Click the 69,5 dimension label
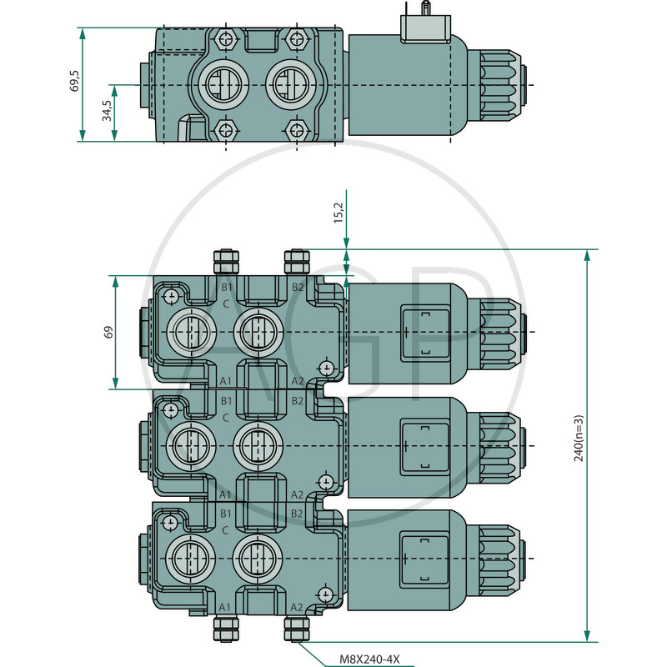[x=74, y=82]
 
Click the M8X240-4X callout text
[x=370, y=659]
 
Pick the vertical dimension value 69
[x=108, y=332]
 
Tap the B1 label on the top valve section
[x=226, y=288]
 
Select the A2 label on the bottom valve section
[x=298, y=607]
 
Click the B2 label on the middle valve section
[x=298, y=402]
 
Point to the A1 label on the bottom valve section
[x=225, y=607]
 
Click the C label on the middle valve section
[x=226, y=416]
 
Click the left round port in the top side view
[x=218, y=84]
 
